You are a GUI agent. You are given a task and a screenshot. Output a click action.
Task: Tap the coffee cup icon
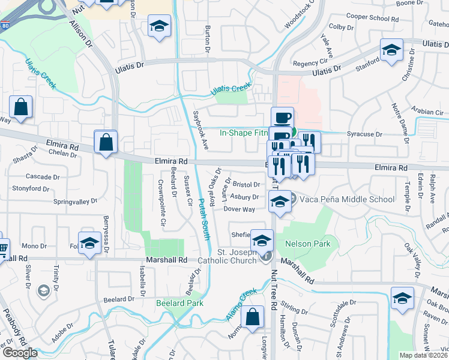tap(282, 117)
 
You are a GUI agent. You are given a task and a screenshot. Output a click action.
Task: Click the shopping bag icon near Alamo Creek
tap(254, 317)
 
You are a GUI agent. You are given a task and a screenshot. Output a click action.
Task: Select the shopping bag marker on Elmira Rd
tap(106, 143)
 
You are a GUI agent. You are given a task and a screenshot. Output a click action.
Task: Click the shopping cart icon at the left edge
tap(2, 246)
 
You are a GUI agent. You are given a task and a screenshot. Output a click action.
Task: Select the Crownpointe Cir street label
tap(162, 203)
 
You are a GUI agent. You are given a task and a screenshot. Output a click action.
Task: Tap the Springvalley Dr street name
tap(74, 202)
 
